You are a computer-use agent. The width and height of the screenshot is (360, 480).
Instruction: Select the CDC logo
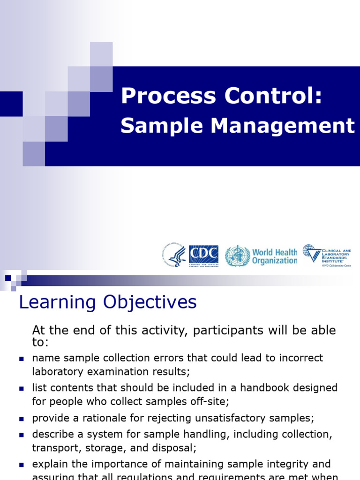(x=203, y=256)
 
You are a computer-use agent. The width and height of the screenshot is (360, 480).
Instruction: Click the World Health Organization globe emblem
(x=237, y=256)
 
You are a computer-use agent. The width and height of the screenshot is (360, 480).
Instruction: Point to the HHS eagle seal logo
(x=175, y=256)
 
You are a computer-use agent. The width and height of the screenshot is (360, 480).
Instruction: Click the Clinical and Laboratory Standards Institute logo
(x=327, y=255)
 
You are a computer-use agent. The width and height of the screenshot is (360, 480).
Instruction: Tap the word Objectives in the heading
(x=150, y=302)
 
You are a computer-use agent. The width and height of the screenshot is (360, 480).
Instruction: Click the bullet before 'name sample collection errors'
(x=22, y=359)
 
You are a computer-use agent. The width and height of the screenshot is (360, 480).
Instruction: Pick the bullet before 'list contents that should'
(x=22, y=389)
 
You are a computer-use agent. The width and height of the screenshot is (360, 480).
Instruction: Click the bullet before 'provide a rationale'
(x=22, y=419)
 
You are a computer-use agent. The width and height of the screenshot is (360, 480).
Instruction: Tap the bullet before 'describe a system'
(x=22, y=435)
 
